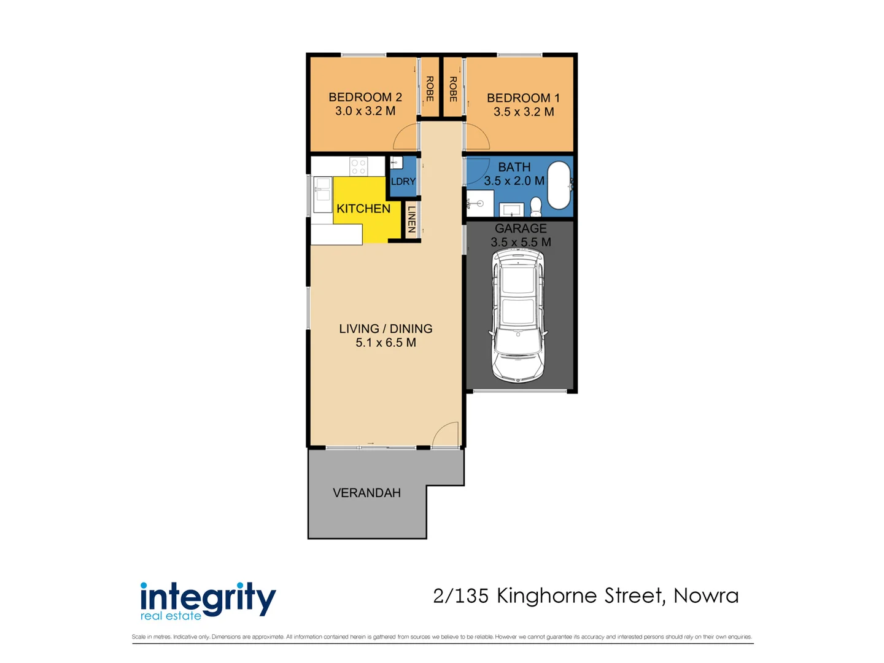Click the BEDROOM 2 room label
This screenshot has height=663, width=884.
click(365, 97)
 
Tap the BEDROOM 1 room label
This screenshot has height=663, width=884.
click(523, 98)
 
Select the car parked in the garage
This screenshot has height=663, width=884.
click(518, 315)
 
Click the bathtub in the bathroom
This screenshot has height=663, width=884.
click(559, 185)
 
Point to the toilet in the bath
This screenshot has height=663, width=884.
click(536, 206)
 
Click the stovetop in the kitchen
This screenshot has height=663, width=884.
click(359, 167)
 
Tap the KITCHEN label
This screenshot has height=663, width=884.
click(363, 209)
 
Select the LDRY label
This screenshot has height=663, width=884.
click(403, 182)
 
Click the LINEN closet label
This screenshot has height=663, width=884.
click(411, 219)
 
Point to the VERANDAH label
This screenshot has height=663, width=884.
click(366, 493)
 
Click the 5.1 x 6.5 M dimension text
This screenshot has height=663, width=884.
click(386, 343)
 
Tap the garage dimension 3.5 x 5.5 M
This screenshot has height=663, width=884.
click(521, 242)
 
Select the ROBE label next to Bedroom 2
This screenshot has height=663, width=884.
click(430, 88)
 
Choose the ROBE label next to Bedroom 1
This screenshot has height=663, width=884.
click(453, 89)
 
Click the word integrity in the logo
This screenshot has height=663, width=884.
click(208, 599)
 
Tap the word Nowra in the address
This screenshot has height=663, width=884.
click(706, 595)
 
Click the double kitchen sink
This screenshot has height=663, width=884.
click(323, 195)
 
